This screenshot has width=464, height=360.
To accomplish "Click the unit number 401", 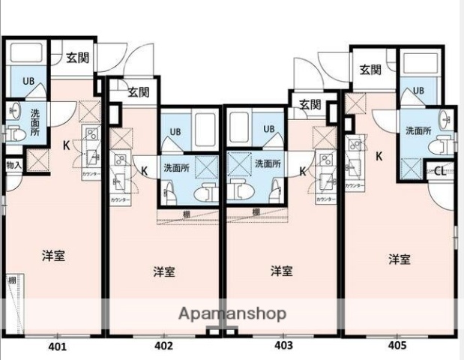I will pos(58,346).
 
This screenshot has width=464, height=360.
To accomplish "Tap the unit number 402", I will pos(164,346).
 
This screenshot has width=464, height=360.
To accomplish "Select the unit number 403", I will pos(283,346).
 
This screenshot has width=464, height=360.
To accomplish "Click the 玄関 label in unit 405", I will pos(370,70).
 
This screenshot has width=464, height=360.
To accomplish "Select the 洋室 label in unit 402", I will pos(164,271).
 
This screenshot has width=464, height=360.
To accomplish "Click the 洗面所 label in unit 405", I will pos(418,130).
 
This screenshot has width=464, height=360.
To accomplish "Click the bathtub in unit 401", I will pos(25,53).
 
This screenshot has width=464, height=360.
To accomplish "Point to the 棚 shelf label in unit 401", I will pos(12,281).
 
